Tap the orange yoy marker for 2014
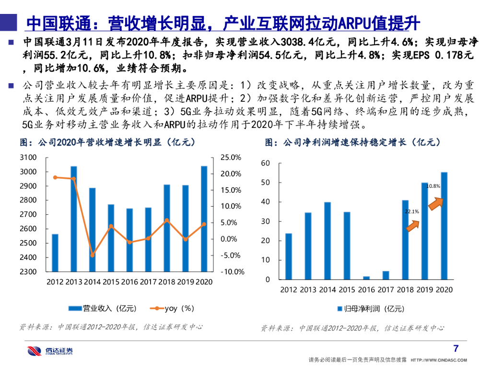coord(93,255)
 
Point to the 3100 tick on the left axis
coord(28,158)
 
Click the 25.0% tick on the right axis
coord(231,158)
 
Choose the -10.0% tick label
coord(232,271)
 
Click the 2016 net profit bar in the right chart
coord(366,278)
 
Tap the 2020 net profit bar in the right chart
coord(444,225)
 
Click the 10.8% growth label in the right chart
coord(433,186)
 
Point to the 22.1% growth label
coord(412,211)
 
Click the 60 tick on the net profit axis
coord(266,163)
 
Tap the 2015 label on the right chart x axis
coord(347,290)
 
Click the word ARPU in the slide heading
coord(354,23)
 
